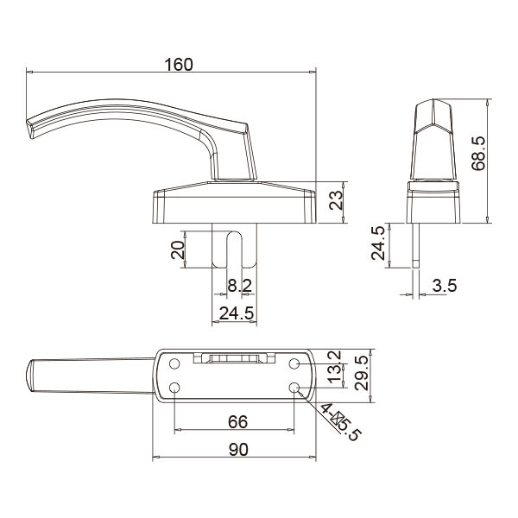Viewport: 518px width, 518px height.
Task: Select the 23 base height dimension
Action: [x=337, y=202]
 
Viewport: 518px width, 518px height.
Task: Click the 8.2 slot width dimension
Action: [x=239, y=286]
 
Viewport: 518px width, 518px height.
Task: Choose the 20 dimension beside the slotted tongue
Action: [x=178, y=251]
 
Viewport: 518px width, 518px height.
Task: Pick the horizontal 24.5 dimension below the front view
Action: [x=235, y=313]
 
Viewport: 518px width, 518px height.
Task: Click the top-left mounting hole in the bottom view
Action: [x=175, y=363]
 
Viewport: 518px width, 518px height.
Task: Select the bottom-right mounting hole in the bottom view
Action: [x=296, y=388]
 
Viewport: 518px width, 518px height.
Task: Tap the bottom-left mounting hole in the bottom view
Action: [x=175, y=388]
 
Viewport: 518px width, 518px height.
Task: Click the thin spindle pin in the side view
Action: [x=416, y=242]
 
